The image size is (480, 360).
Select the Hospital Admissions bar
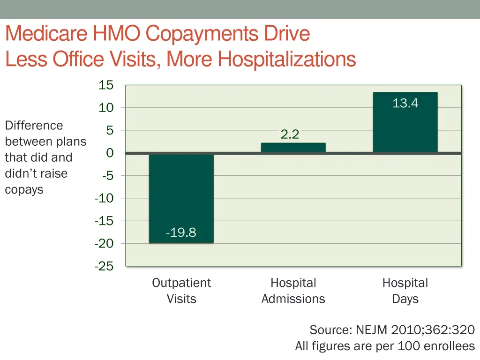tap(293, 148)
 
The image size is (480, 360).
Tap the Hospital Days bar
tap(405, 122)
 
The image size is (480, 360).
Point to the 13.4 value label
tap(405, 103)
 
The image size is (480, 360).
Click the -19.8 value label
tap(181, 232)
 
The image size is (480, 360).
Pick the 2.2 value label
tap(290, 135)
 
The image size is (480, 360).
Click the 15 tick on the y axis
tap(106, 85)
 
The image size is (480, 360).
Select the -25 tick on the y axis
tap(104, 266)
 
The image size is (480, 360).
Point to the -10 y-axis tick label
tap(104, 198)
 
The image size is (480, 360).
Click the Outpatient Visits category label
tap(181, 291)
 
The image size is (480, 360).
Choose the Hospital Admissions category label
tap(293, 291)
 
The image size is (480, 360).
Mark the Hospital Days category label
tap(405, 291)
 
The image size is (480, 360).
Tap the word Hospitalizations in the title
tap(287, 59)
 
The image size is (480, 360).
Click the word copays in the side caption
tap(24, 189)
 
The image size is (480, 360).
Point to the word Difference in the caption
tap(34, 126)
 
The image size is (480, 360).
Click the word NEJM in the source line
tap(371, 330)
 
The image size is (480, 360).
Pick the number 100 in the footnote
tap(409, 346)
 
